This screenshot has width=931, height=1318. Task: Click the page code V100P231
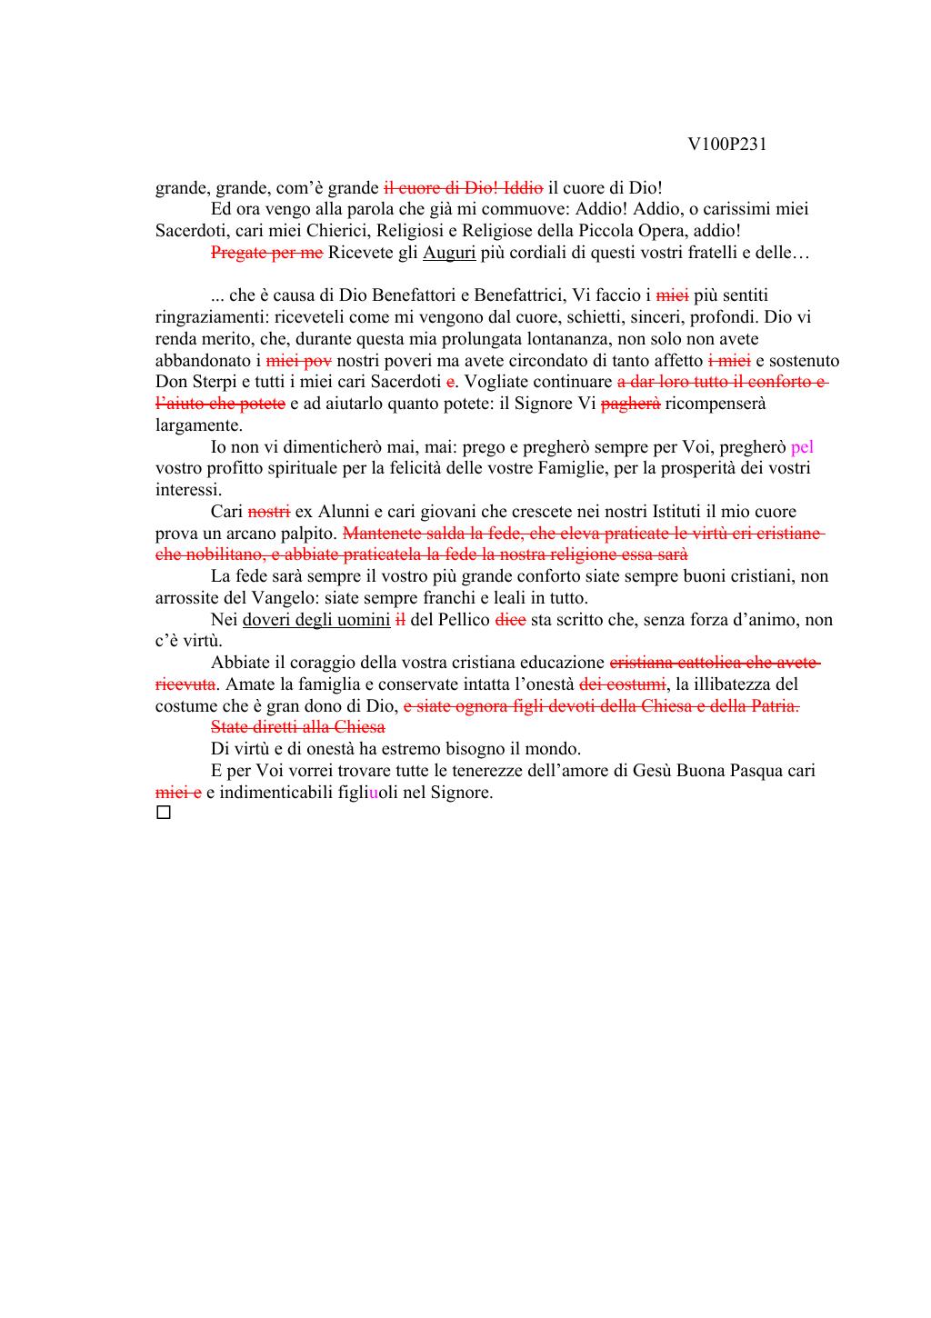tap(727, 144)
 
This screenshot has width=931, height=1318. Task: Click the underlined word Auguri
tap(449, 253)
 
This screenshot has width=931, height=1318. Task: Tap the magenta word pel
tap(802, 446)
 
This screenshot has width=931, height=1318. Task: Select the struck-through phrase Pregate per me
tap(266, 253)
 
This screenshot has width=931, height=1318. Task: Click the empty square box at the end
tap(164, 813)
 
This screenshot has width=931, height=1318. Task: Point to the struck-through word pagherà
tap(631, 404)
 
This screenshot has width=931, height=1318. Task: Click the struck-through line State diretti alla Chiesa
tap(297, 727)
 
